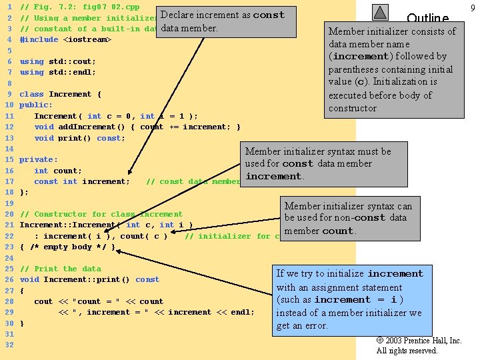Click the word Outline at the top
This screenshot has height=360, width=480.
427,19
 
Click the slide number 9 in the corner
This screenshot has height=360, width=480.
473,7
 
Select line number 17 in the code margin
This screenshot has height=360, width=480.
9,181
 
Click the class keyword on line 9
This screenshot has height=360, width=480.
31,94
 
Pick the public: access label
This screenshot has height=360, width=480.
36,105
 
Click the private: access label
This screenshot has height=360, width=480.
39,159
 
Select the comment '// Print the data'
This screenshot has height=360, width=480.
60,269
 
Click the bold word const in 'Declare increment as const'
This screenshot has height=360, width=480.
269,15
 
